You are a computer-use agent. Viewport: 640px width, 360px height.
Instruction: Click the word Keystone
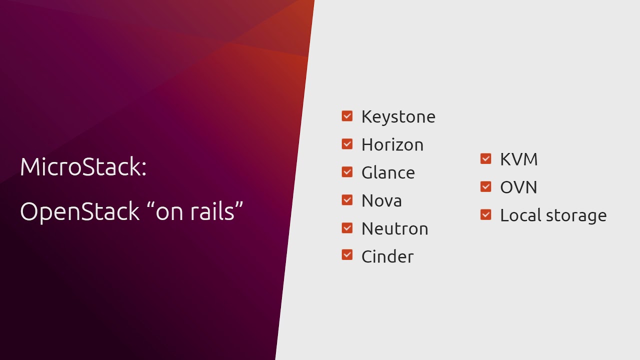coord(398,116)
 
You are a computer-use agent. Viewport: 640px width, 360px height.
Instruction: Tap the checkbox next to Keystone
coord(347,116)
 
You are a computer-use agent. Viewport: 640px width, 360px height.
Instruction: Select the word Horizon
coord(392,144)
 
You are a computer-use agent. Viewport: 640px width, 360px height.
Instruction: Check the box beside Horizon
coord(347,144)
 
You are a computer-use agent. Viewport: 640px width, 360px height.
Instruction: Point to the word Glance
coord(388,172)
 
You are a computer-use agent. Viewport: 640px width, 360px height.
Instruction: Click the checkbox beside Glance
coord(347,172)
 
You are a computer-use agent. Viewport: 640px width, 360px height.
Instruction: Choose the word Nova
coord(381,200)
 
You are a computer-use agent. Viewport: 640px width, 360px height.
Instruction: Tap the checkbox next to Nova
coord(347,200)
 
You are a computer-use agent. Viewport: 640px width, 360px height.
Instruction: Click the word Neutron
coord(394,228)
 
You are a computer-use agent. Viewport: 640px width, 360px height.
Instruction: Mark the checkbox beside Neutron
coord(347,228)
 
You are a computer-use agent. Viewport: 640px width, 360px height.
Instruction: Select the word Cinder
coord(387,256)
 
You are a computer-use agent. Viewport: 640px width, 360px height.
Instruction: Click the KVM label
coord(518,159)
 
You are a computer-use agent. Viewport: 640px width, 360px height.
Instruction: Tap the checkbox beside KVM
coord(485,158)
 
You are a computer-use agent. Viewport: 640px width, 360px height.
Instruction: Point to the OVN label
coord(518,187)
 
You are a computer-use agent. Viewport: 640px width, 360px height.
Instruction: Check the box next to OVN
coord(485,186)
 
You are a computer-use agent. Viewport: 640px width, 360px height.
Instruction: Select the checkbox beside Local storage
coord(485,214)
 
